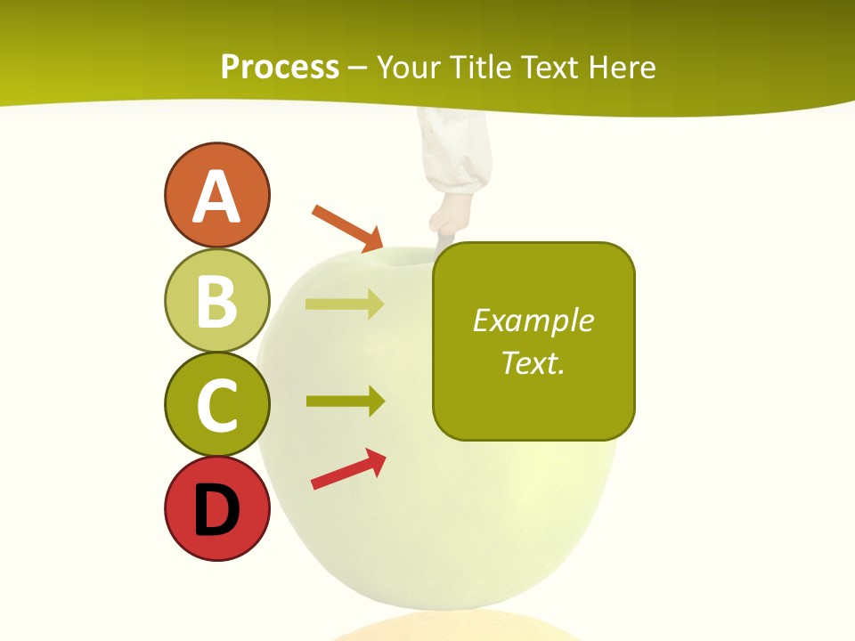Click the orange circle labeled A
tap(216, 195)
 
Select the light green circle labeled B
tap(216, 300)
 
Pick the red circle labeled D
tap(216, 508)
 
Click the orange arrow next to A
tap(347, 228)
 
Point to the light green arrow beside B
tap(345, 304)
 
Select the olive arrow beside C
tap(345, 401)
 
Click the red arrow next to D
tap(348, 469)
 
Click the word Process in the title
tap(280, 68)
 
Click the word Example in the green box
tap(533, 320)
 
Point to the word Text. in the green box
tap(533, 362)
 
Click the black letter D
tap(216, 511)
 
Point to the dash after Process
tap(358, 69)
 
